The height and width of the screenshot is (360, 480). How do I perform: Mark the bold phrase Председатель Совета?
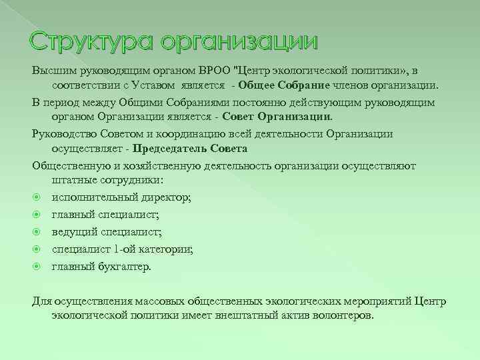coord(189,149)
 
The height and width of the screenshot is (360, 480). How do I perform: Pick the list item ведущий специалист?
coord(107,232)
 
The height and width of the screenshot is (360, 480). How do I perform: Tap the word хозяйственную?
coord(147,165)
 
